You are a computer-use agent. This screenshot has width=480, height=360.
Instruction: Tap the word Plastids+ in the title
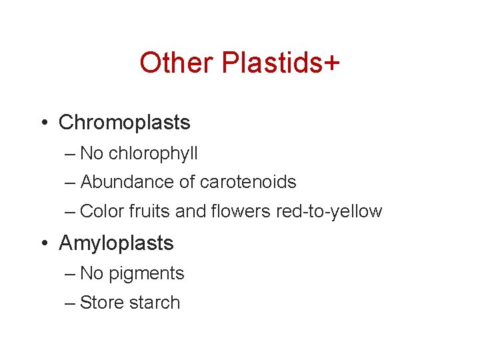click(x=280, y=64)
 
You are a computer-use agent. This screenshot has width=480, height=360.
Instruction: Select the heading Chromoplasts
click(x=124, y=123)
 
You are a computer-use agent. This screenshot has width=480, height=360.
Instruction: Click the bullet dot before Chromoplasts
click(x=43, y=123)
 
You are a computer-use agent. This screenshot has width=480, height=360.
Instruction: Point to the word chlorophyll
click(x=153, y=153)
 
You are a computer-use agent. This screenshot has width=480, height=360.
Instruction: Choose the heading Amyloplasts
click(x=116, y=243)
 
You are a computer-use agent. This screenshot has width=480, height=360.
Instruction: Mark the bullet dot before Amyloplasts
click(x=43, y=244)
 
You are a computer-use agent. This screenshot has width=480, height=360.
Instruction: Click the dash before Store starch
click(x=70, y=303)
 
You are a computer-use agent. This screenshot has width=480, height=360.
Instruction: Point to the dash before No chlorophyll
click(x=70, y=154)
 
